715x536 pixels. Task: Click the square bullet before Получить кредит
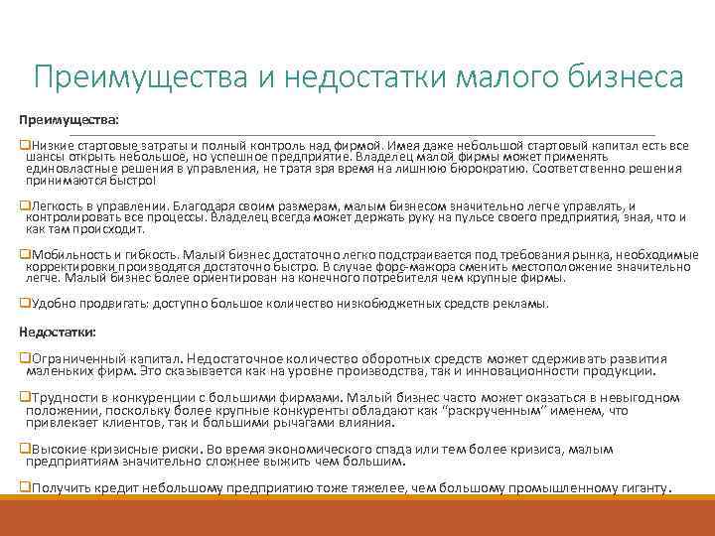click(25, 487)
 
